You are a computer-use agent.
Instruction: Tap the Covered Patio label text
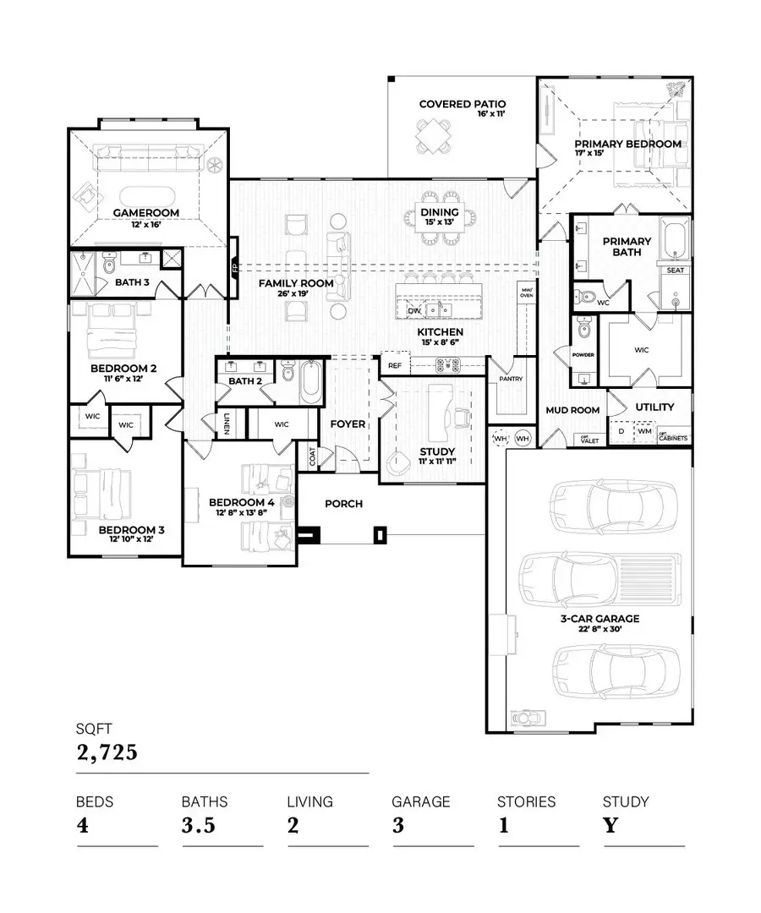pyautogui.click(x=462, y=104)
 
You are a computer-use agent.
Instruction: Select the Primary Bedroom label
pyautogui.click(x=628, y=144)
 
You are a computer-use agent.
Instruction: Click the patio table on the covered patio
pyautogui.click(x=433, y=136)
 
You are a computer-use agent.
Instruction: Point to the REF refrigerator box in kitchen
pyautogui.click(x=394, y=365)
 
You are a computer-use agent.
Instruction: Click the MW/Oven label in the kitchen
pyautogui.click(x=526, y=292)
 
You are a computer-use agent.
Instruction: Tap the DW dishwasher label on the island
pyautogui.click(x=413, y=311)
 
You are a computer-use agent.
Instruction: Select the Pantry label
pyautogui.click(x=510, y=379)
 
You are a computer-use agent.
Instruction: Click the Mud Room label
pyautogui.click(x=573, y=410)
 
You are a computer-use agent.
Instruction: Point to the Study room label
pyautogui.click(x=437, y=451)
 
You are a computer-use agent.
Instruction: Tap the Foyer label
pyautogui.click(x=348, y=424)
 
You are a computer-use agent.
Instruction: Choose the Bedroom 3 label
pyautogui.click(x=131, y=531)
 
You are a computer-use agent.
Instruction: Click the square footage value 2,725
pyautogui.click(x=107, y=752)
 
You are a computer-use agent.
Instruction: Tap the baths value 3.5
pyautogui.click(x=200, y=825)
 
